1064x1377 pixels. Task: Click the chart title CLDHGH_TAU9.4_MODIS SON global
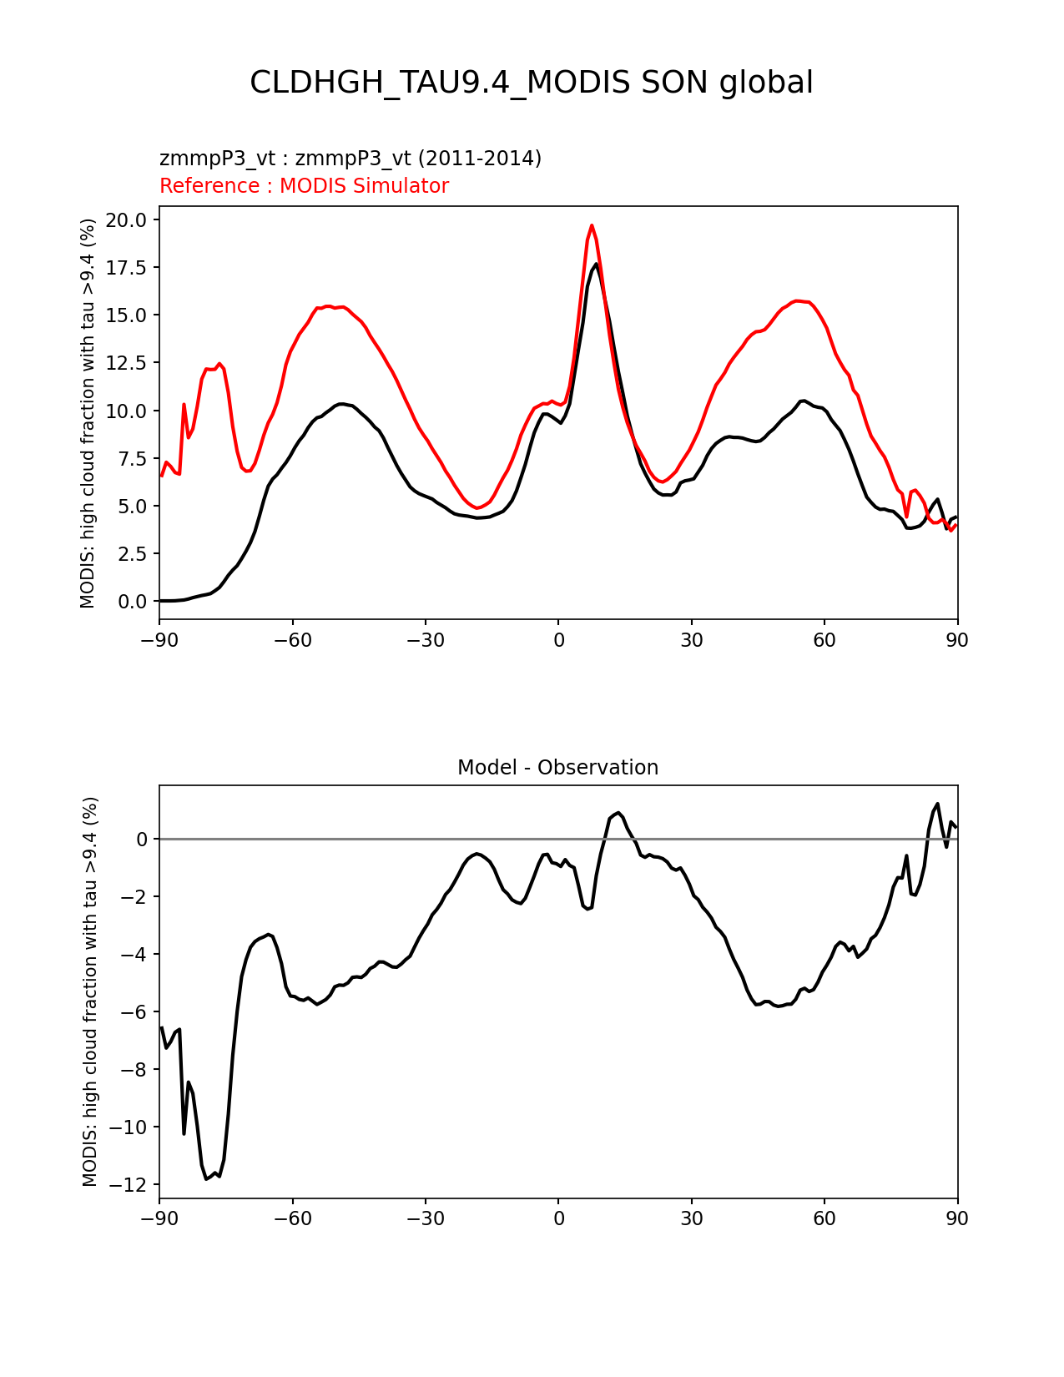pyautogui.click(x=532, y=83)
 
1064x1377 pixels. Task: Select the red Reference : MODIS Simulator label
pyautogui.click(x=304, y=186)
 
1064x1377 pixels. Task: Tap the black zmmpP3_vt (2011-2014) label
pyautogui.click(x=350, y=159)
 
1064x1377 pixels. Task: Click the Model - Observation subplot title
pyautogui.click(x=557, y=768)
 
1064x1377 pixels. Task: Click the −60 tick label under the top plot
pyautogui.click(x=292, y=640)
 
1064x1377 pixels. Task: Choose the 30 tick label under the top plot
pyautogui.click(x=691, y=640)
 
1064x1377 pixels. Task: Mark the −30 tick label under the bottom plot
pyautogui.click(x=425, y=1219)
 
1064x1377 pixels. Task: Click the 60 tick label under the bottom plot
pyautogui.click(x=824, y=1219)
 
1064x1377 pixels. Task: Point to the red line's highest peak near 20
pyautogui.click(x=592, y=225)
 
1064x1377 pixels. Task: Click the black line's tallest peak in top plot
pyautogui.click(x=596, y=265)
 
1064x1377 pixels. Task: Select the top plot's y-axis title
pyautogui.click(x=88, y=413)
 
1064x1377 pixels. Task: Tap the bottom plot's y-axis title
pyautogui.click(x=90, y=991)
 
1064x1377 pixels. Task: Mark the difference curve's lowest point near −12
pyautogui.click(x=206, y=1178)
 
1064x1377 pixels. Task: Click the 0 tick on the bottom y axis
pyautogui.click(x=142, y=840)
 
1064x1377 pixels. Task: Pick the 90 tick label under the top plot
pyautogui.click(x=956, y=640)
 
